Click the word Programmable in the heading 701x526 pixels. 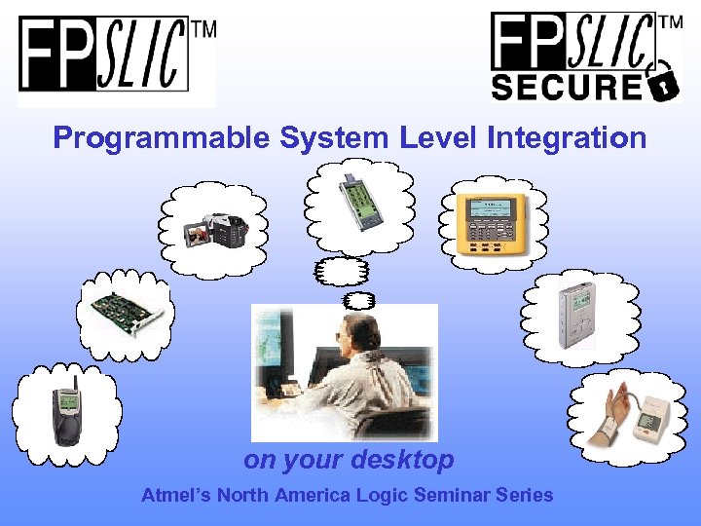(x=162, y=137)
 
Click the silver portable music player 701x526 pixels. (x=577, y=316)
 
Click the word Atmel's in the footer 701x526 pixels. (x=176, y=495)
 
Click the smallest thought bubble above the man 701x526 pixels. (x=357, y=300)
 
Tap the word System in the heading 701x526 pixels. (x=336, y=137)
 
